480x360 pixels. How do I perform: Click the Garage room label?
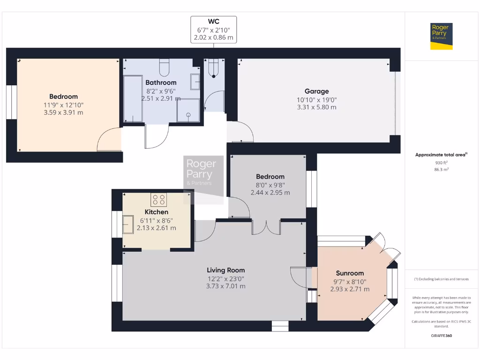[x=316, y=91]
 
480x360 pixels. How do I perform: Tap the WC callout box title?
[x=213, y=22]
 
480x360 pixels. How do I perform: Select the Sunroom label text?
[x=350, y=273]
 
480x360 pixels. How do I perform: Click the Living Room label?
[x=226, y=270]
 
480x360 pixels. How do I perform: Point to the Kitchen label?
[x=156, y=212]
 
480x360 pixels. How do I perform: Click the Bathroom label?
[x=161, y=82]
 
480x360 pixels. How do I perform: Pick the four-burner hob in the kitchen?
[x=158, y=200]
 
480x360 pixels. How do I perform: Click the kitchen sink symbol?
[x=127, y=225]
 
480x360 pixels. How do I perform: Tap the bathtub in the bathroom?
[x=133, y=99]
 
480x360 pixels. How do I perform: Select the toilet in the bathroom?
[x=164, y=68]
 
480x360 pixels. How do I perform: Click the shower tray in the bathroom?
[x=187, y=110]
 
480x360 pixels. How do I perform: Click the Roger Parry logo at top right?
[x=441, y=36]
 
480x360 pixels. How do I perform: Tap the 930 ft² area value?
[x=441, y=163]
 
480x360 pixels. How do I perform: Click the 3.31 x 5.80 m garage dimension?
[x=316, y=107]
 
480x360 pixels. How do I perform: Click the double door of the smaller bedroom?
[x=266, y=227]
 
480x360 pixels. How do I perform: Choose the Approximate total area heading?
[x=441, y=154]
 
